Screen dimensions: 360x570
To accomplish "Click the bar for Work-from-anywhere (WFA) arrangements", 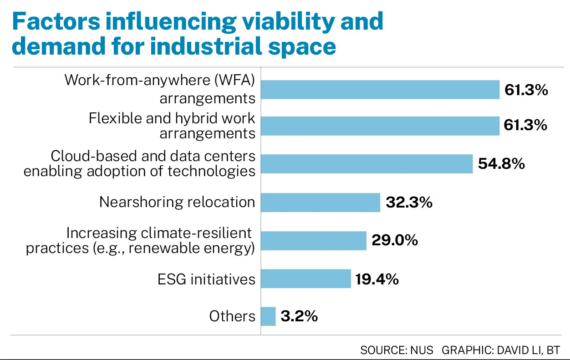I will (x=380, y=90).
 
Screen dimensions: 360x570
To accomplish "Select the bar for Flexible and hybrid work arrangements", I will (x=380, y=125).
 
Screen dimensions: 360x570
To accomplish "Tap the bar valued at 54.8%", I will (x=367, y=164).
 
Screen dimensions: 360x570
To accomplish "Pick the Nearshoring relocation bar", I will (x=321, y=203).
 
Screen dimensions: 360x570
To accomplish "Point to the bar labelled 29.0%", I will (x=314, y=240).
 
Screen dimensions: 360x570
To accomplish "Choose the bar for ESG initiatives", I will (x=306, y=279).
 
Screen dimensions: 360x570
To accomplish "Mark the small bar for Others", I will (x=268, y=316).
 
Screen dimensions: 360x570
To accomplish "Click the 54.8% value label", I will (x=501, y=163).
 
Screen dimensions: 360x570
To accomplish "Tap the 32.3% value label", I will (x=409, y=202).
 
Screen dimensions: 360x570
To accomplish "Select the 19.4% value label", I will (x=377, y=279).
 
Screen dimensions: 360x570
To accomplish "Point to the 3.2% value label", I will (x=299, y=316).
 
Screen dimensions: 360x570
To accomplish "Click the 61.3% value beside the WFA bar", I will (x=526, y=90).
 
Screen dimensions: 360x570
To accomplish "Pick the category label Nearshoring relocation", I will (x=177, y=202).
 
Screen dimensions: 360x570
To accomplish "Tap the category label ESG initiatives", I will (x=206, y=279).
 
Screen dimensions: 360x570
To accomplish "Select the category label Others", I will (x=232, y=316).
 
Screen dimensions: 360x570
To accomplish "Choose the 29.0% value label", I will (x=395, y=240).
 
